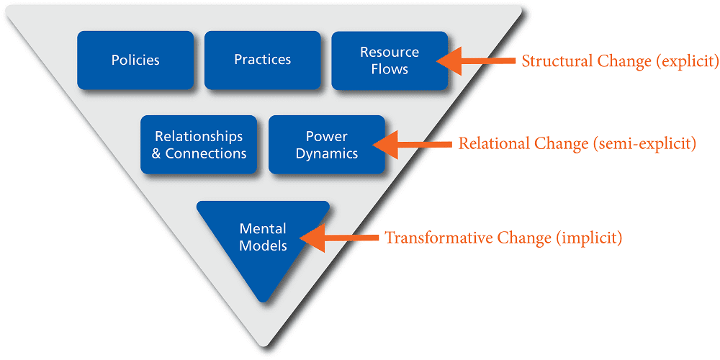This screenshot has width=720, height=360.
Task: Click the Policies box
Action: point(135,60)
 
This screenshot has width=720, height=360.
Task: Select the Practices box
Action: point(263,60)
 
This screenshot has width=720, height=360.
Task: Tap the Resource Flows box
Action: point(390,60)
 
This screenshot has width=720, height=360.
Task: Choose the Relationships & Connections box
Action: point(199,145)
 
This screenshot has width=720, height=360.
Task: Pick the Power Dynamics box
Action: point(326,145)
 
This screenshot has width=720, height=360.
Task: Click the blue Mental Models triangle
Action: point(263,243)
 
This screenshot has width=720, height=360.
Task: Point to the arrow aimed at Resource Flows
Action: point(476,60)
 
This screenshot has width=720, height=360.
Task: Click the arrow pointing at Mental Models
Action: point(339,238)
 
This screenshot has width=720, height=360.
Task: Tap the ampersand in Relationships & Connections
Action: point(156,153)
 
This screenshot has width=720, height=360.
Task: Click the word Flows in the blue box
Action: point(390,69)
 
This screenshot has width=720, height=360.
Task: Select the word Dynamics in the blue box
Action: point(327,153)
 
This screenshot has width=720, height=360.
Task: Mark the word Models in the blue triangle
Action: point(264,246)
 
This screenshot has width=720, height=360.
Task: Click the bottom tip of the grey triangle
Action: point(263,346)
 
